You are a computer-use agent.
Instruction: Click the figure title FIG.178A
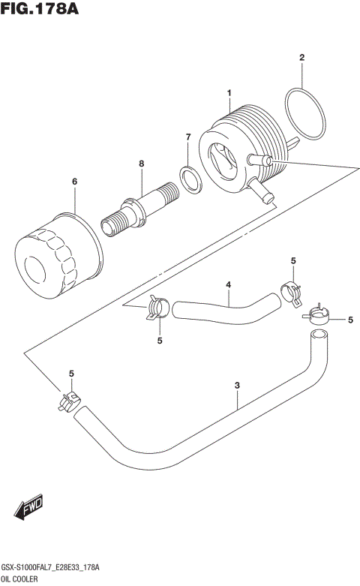40,10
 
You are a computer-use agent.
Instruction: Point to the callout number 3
237,386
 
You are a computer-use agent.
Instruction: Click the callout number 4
228,284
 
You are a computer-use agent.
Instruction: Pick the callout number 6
74,182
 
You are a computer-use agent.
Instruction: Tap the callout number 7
188,137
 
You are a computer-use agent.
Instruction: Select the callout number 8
140,163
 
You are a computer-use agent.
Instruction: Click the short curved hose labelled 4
225,307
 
